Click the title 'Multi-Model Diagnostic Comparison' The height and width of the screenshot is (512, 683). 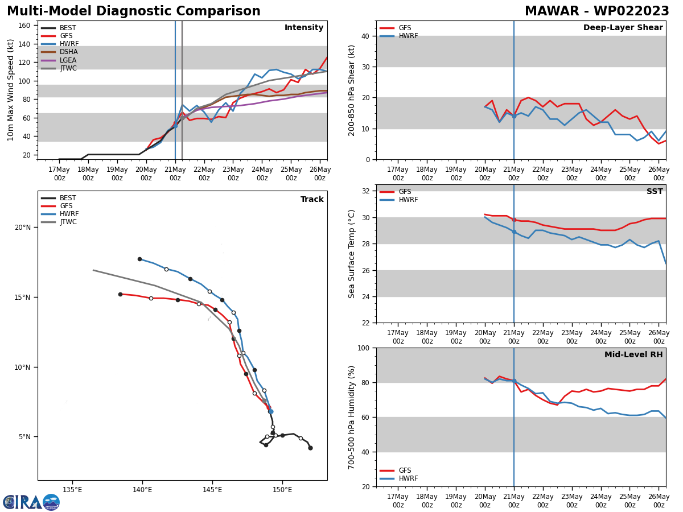[134, 11]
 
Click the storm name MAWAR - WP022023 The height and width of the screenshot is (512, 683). [596, 11]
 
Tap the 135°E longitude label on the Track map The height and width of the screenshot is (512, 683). [72, 490]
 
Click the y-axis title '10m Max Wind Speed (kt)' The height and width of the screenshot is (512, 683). [11, 90]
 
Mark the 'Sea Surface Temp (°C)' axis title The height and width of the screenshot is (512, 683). [352, 254]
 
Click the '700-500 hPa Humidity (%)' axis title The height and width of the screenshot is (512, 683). [352, 417]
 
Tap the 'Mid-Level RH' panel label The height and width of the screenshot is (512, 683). [633, 355]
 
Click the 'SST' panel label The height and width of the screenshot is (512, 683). [655, 192]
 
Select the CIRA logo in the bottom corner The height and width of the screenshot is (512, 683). [31, 502]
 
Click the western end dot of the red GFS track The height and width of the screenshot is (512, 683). [120, 294]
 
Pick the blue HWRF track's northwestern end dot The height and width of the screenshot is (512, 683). [139, 259]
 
